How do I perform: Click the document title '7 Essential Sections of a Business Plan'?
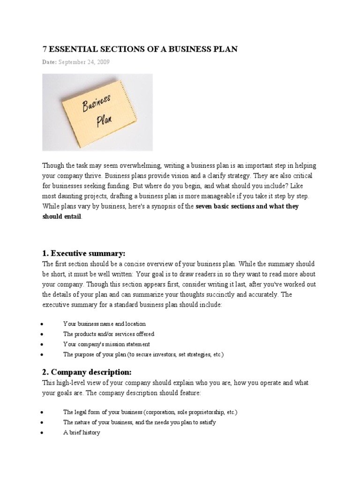tap(140, 49)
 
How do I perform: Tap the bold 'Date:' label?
tap(50, 62)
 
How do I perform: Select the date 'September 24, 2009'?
tap(84, 62)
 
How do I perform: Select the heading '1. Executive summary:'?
tap(84, 254)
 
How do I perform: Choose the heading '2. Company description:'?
tap(87, 372)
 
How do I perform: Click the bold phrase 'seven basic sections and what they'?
tap(247, 206)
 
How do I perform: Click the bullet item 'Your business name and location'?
tap(105, 324)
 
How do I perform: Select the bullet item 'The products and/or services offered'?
tap(109, 334)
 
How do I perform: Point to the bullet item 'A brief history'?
tap(82, 433)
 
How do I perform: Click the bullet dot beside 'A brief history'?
tap(42, 433)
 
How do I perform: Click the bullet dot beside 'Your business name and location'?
tap(42, 324)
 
